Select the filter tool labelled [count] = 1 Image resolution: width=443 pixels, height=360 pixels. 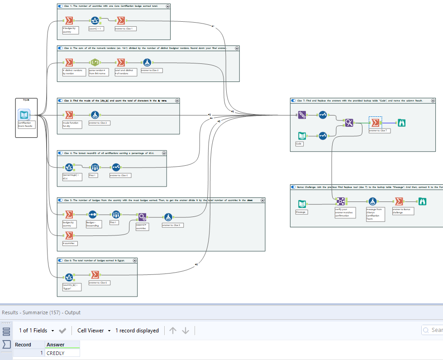pos(95,21)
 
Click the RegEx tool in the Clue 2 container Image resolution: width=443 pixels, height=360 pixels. pos(95,62)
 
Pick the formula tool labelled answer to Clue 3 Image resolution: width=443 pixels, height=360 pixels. pos(95,115)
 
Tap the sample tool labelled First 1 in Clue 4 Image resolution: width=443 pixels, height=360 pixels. pos(95,168)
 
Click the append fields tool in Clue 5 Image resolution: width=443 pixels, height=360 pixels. pos(142,216)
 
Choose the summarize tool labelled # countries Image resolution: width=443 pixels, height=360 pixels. pos(69,235)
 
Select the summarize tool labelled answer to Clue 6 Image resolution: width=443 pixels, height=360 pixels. pos(95,275)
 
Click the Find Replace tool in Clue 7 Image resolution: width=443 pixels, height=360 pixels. pos(349,122)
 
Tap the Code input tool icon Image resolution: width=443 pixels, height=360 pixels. pos(302,135)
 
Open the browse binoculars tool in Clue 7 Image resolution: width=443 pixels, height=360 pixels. pos(401,122)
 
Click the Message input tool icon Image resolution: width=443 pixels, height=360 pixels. pos(302,204)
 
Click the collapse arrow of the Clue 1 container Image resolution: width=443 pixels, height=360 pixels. pos(168,6)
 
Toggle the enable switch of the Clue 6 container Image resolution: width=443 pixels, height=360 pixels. pos(61,260)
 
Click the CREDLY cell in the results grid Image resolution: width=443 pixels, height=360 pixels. pos(62,353)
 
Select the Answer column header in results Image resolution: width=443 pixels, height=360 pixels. pos(56,345)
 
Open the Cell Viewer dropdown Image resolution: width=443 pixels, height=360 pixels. pos(94,331)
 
